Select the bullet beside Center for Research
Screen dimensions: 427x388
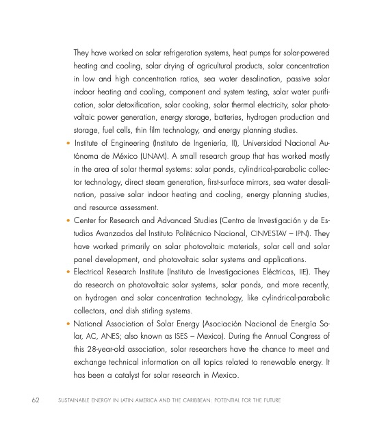click(x=66, y=223)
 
